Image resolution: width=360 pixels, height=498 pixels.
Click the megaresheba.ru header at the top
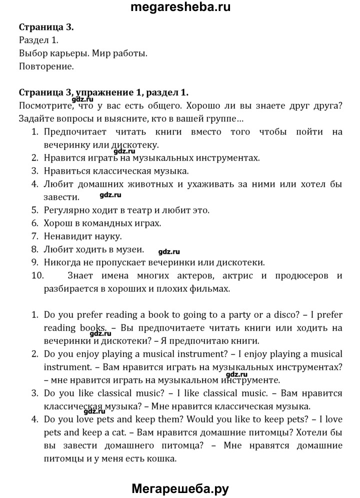[180, 8]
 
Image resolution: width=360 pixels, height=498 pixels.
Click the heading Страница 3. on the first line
[46, 28]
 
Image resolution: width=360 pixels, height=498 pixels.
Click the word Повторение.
[46, 66]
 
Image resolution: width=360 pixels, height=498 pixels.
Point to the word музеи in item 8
[130, 249]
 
